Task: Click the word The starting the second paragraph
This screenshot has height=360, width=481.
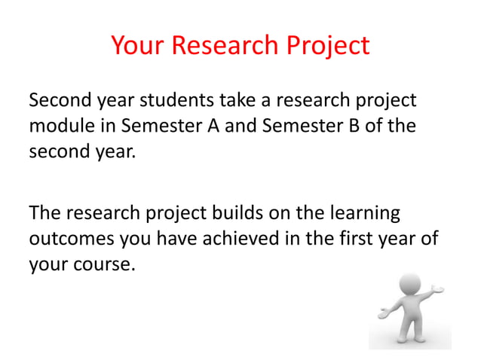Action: [44, 213]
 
